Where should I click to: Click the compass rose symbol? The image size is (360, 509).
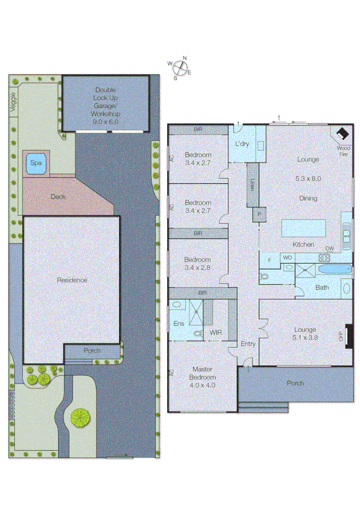coord(180,67)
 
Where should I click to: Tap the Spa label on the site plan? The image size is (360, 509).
coord(37,163)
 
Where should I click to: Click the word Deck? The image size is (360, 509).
coord(58,196)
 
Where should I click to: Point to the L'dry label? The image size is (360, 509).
coord(242,144)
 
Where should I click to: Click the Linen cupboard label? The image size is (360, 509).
coord(253,186)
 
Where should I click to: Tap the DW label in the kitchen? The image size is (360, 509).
coord(329,249)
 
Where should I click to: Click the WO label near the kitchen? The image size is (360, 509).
coord(288,258)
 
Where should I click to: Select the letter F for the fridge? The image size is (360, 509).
coord(270,259)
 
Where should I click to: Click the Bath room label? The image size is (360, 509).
coord(322,288)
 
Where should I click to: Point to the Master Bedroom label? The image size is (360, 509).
coord(203,373)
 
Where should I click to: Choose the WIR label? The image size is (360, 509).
coord(216,332)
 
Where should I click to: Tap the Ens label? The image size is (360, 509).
coord(178,324)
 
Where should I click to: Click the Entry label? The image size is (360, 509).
coord(248,344)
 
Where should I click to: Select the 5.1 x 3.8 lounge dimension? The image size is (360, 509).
coord(305,338)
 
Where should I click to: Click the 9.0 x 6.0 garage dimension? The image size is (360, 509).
coord(105,121)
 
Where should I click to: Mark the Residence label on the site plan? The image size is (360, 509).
coord(72,280)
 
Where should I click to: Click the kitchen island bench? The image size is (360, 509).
coord(304,228)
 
